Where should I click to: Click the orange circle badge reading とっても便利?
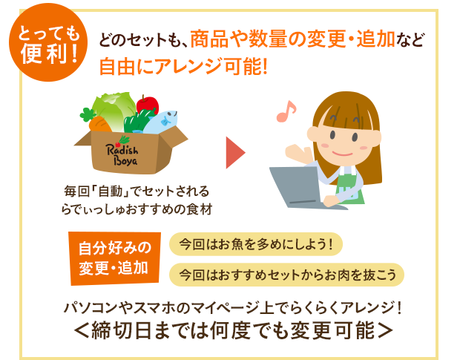[48, 42]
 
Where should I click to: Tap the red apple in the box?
[148, 105]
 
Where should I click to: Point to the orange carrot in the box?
[99, 125]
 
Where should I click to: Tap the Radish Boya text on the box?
[122, 154]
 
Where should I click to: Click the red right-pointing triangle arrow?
[235, 153]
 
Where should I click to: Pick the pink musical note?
[286, 111]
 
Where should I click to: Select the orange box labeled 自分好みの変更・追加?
[115, 258]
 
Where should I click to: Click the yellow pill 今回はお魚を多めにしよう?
[256, 244]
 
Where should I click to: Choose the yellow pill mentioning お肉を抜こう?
[286, 275]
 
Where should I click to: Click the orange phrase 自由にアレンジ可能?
[184, 67]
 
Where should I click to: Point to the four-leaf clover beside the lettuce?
[88, 114]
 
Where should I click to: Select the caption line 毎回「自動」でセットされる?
[137, 192]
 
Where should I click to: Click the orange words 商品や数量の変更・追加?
[292, 39]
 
